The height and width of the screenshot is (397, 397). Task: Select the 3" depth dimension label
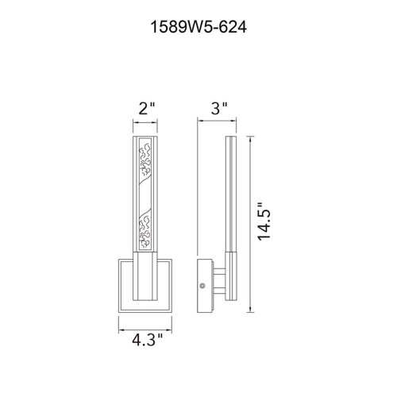coord(220,107)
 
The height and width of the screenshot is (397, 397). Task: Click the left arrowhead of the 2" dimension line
coord(133,124)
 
